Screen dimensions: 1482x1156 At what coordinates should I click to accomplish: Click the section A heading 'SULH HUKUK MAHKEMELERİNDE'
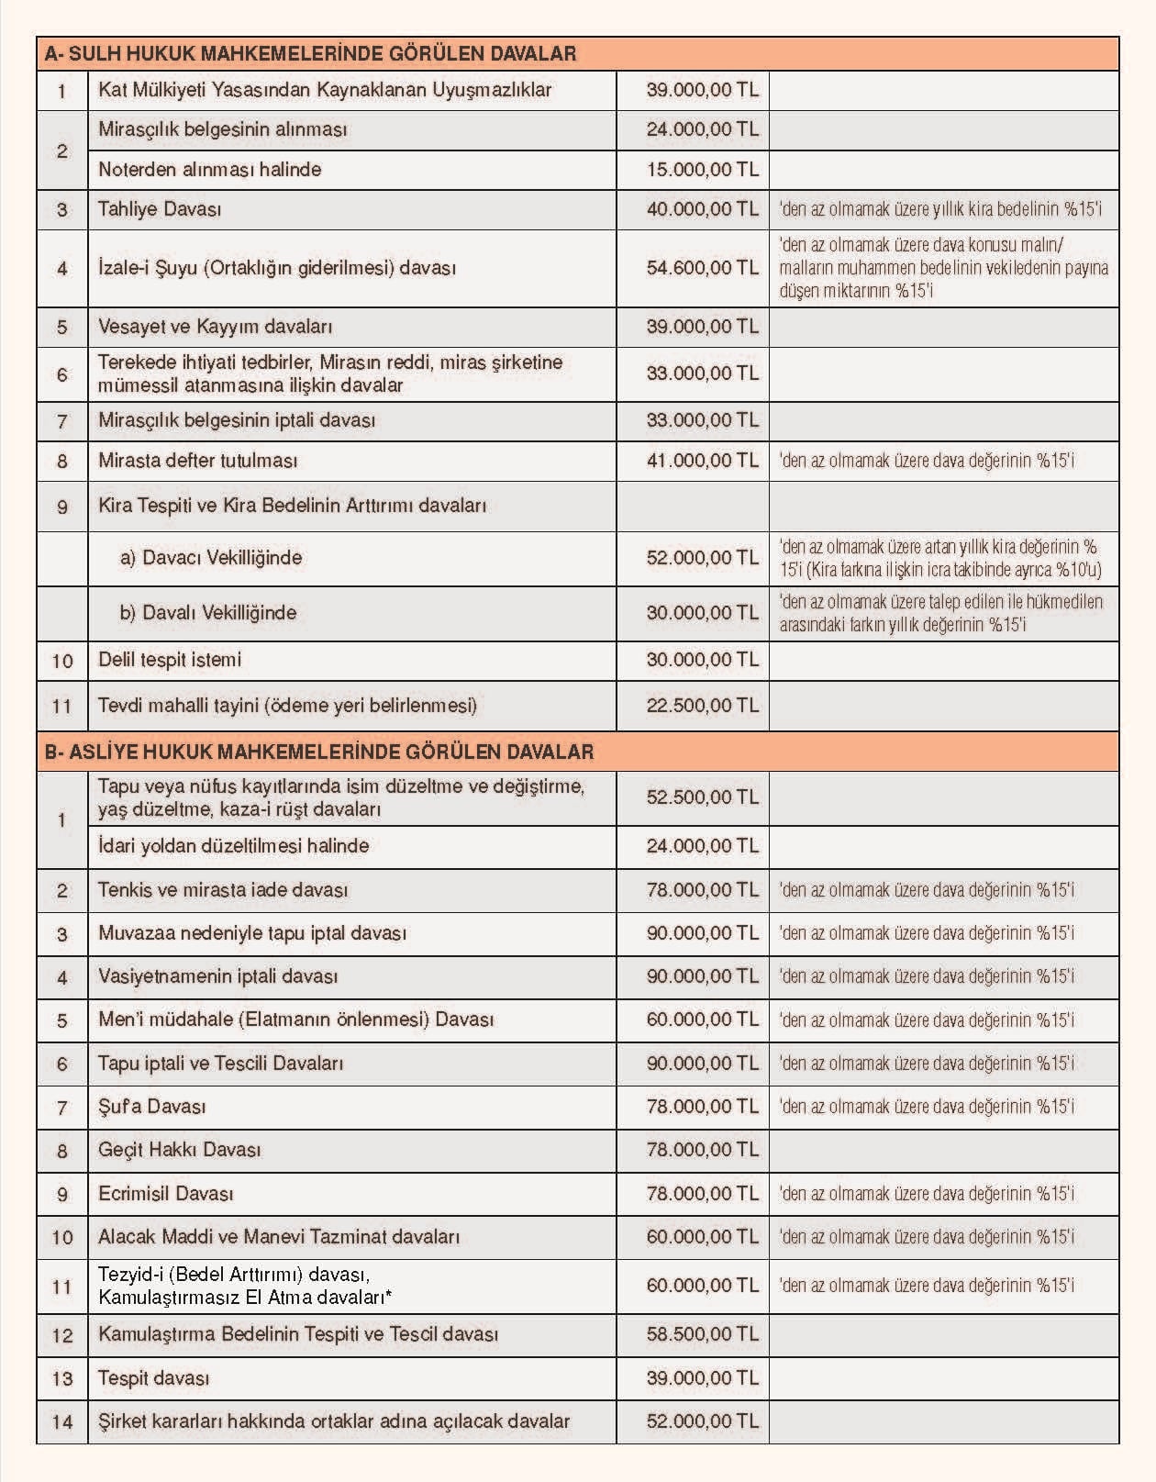pos(310,54)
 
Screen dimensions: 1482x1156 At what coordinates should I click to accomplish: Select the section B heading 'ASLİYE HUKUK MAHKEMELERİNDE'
pos(318,752)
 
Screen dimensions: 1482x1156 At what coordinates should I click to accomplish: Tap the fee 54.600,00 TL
pos(702,268)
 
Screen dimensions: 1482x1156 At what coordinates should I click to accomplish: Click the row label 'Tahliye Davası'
pos(160,209)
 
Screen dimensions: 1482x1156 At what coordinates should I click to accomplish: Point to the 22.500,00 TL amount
pos(702,706)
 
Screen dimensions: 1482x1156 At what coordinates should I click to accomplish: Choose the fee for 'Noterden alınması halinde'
pos(702,170)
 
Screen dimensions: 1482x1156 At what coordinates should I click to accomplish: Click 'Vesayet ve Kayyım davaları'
pos(215,327)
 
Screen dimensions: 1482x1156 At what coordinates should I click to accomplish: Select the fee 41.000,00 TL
pos(702,461)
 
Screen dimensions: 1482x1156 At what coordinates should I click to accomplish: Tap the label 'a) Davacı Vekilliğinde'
pos(210,558)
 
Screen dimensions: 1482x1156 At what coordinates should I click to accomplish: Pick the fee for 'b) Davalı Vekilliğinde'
pos(702,613)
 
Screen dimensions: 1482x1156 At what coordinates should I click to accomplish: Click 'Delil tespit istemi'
pos(170,660)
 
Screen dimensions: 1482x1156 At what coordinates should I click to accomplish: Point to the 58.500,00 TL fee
pos(702,1334)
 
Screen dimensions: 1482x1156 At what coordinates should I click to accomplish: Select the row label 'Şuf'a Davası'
pos(151,1107)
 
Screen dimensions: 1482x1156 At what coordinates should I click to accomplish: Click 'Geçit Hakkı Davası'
pos(179,1150)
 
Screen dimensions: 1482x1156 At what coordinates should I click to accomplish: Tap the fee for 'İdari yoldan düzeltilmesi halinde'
pos(702,846)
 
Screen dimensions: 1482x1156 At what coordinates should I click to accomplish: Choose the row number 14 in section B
pos(62,1422)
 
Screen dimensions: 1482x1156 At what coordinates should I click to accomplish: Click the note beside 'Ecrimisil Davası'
pos(927,1194)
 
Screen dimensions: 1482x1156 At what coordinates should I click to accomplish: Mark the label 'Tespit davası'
pos(153,1378)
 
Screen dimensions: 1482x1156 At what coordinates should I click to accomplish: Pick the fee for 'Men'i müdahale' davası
pos(702,1020)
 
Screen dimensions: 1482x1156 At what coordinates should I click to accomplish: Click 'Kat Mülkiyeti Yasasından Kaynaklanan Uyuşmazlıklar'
pos(325,90)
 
